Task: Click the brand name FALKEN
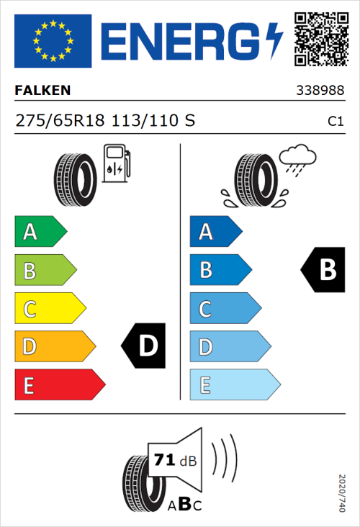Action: pyautogui.click(x=43, y=91)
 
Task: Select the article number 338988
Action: pyautogui.click(x=319, y=91)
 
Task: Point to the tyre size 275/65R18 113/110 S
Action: pyautogui.click(x=105, y=120)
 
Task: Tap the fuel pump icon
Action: pyautogui.click(x=116, y=163)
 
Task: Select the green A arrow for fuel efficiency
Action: pyautogui.click(x=40, y=232)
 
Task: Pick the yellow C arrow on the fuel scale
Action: pyautogui.click(x=49, y=309)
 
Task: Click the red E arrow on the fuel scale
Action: pyautogui.click(x=59, y=385)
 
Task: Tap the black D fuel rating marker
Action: pyautogui.click(x=144, y=346)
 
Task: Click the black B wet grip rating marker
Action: pyautogui.click(x=323, y=270)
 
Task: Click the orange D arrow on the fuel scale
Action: pyautogui.click(x=54, y=347)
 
